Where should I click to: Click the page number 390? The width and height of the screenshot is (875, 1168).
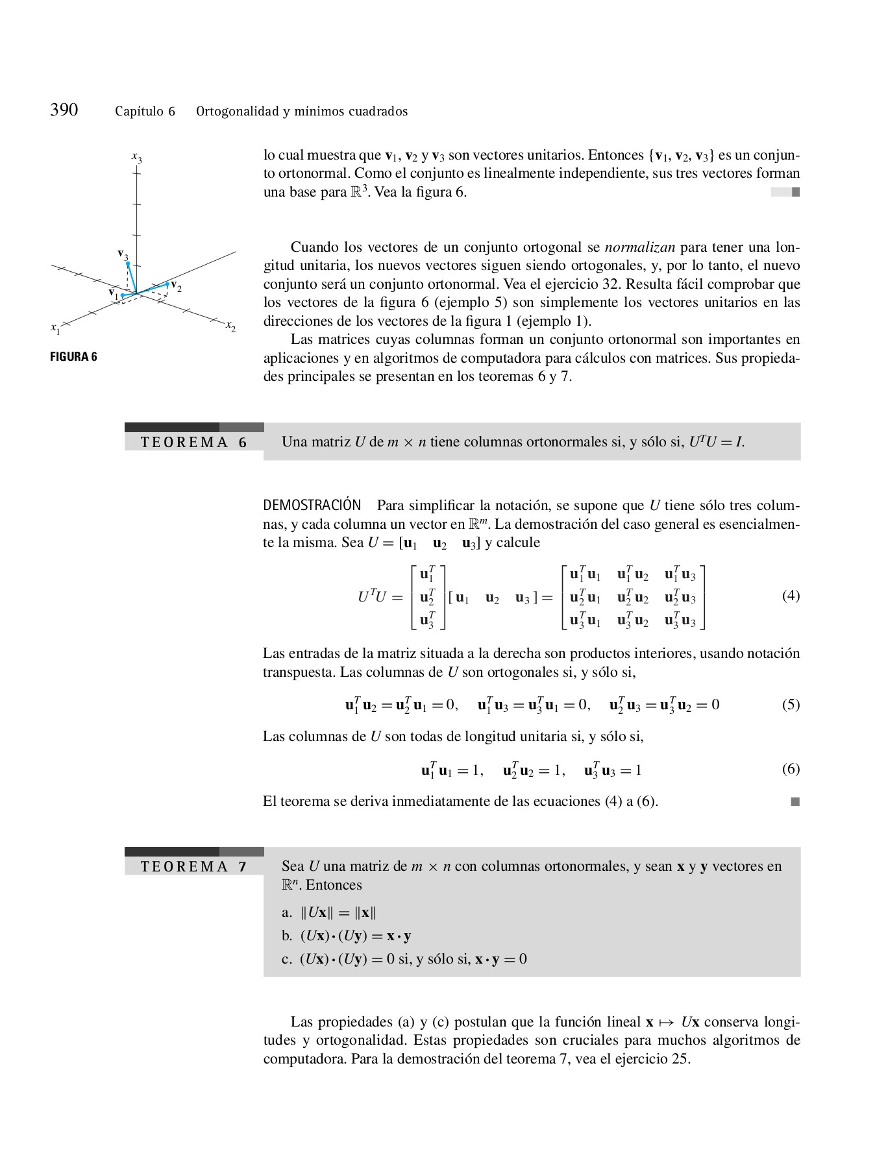[x=64, y=110]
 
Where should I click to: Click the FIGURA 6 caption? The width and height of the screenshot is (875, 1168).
[x=73, y=357]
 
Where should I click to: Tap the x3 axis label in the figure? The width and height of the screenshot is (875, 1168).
[x=136, y=157]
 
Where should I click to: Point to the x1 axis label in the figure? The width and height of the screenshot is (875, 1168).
[x=55, y=328]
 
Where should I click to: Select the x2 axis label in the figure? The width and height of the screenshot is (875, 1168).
[x=230, y=326]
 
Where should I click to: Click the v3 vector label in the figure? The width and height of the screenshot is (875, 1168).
[x=123, y=254]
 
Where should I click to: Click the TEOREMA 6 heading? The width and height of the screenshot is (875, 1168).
[x=193, y=443]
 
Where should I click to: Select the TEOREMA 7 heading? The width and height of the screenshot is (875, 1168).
[x=193, y=867]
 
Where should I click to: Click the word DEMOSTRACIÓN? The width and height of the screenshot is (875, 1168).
[x=312, y=505]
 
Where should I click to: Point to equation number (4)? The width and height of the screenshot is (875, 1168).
[x=791, y=596]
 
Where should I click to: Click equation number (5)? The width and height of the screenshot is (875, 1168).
[x=791, y=705]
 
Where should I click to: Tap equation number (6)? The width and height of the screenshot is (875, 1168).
[x=791, y=770]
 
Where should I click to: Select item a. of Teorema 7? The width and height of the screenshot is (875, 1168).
[x=329, y=913]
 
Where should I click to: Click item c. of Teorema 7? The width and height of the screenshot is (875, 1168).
[x=404, y=959]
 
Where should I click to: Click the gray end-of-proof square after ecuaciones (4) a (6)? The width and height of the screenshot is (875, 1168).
[x=795, y=802]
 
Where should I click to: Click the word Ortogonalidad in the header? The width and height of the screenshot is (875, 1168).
[x=237, y=111]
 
